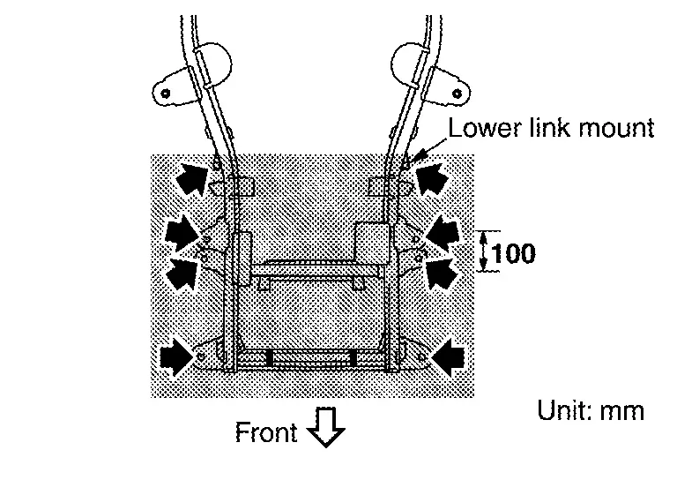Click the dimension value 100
pos(514,252)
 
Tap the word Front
pos(266,431)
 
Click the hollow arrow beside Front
pos(325,426)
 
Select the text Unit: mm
pos(591,410)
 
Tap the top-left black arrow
pos(192,178)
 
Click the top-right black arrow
pos(432,178)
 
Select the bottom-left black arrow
pos(177,356)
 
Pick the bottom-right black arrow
pos(447,357)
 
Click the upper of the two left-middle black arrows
pos(182,234)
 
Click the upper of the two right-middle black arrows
pos(443,232)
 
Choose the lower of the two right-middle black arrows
pos(443,273)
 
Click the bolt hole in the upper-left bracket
pos(166,93)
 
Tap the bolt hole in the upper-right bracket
pos(458,93)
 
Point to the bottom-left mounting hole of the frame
pos(201,356)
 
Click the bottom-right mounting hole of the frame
pos(422,357)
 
